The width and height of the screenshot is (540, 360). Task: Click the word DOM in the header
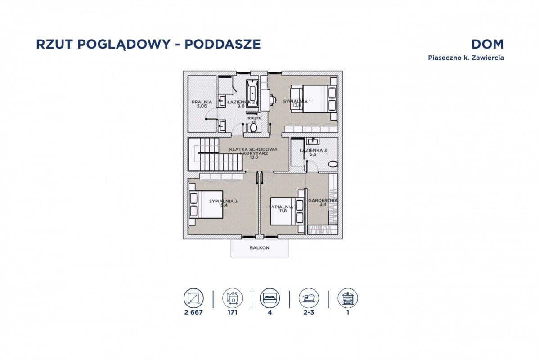coord(487,44)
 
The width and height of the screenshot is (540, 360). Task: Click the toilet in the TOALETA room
coord(253,128)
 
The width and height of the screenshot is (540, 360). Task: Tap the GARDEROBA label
coord(323,201)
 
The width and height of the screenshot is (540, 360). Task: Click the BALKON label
coord(259,248)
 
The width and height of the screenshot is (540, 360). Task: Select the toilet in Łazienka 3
coord(333,164)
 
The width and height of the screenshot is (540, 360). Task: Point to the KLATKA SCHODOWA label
coord(253,149)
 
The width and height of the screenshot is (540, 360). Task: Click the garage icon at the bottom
coord(347,298)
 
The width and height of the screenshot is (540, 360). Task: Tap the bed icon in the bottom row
coord(270,298)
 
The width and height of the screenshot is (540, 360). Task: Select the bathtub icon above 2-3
coord(309,298)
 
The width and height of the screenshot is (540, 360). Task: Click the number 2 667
coord(193,312)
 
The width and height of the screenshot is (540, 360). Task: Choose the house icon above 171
coord(232,298)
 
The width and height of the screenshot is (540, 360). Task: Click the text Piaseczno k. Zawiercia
coord(465,58)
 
